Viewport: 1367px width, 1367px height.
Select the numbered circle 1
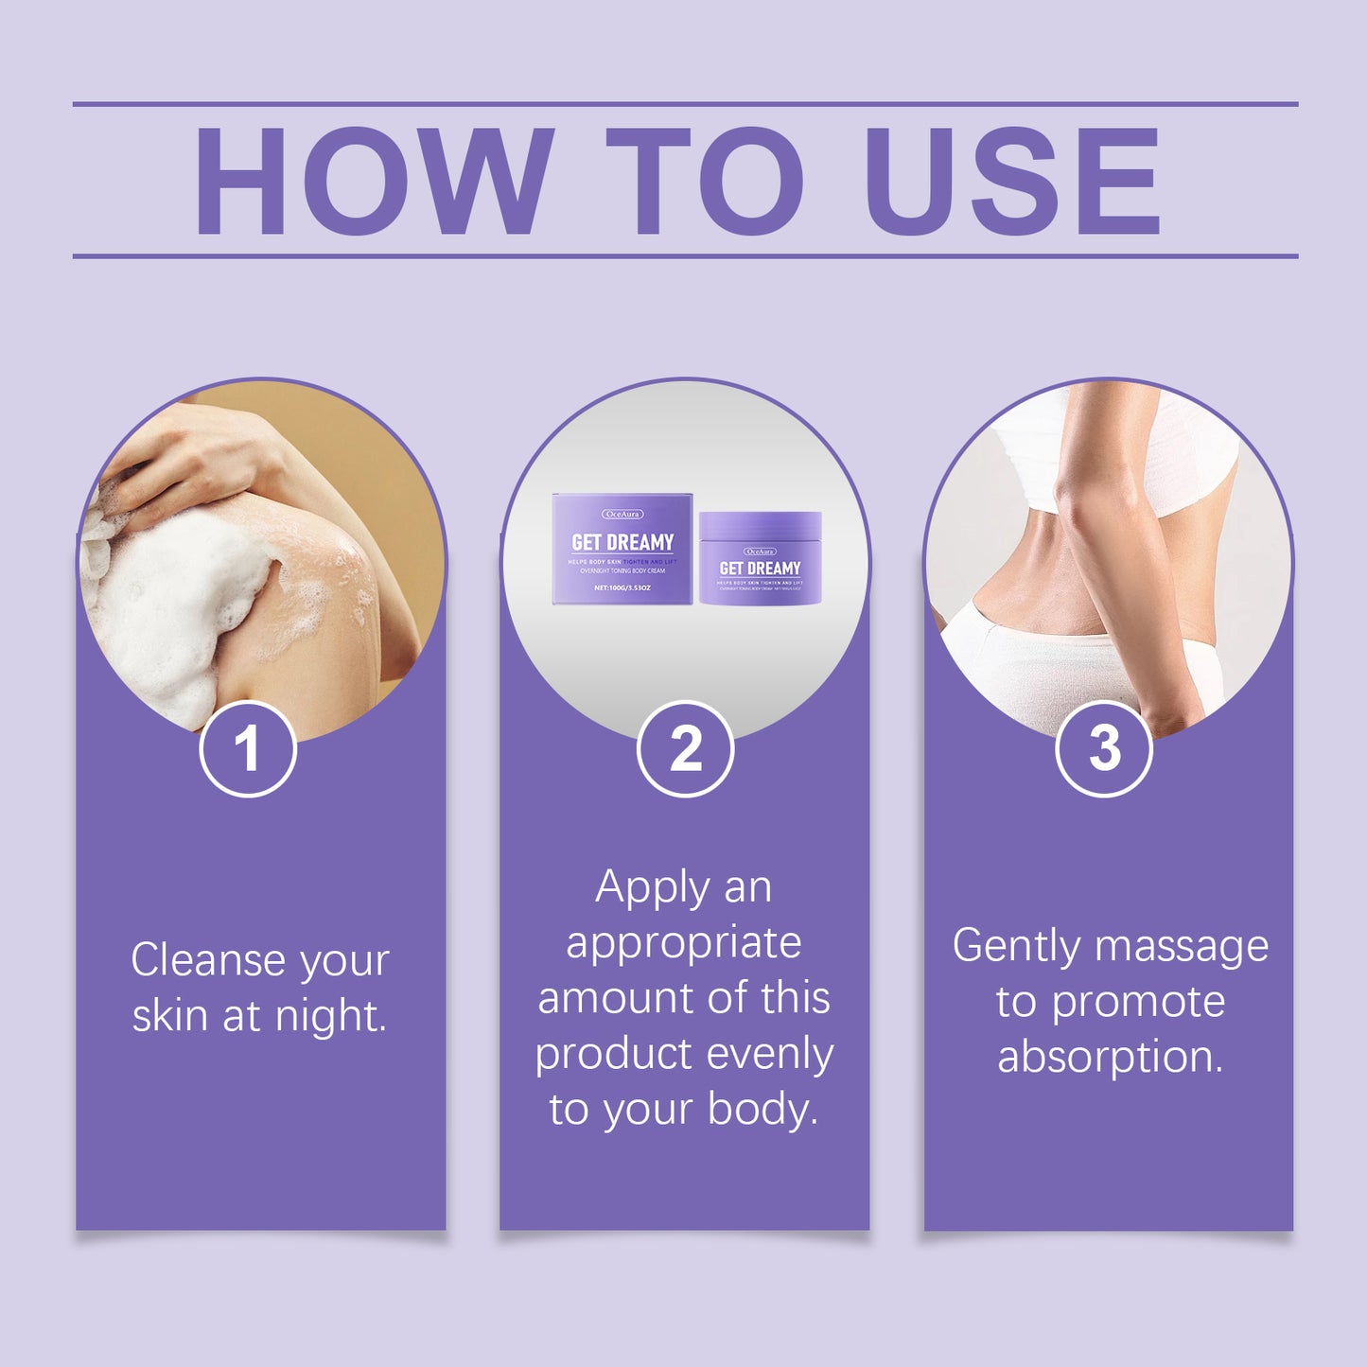pyautogui.click(x=248, y=749)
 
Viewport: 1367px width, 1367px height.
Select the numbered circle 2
pyautogui.click(x=685, y=749)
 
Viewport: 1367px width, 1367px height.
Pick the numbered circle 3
pyautogui.click(x=1104, y=749)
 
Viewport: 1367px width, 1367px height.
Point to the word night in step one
pyautogui.click(x=330, y=1017)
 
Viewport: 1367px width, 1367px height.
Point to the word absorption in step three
pyautogui.click(x=1110, y=1058)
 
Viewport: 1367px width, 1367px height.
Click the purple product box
pyautogui.click(x=622, y=550)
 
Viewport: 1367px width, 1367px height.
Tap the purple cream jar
pyautogui.click(x=760, y=559)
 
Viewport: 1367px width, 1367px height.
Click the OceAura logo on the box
pyautogui.click(x=622, y=514)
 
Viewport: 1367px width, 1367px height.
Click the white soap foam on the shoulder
pyautogui.click(x=170, y=605)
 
